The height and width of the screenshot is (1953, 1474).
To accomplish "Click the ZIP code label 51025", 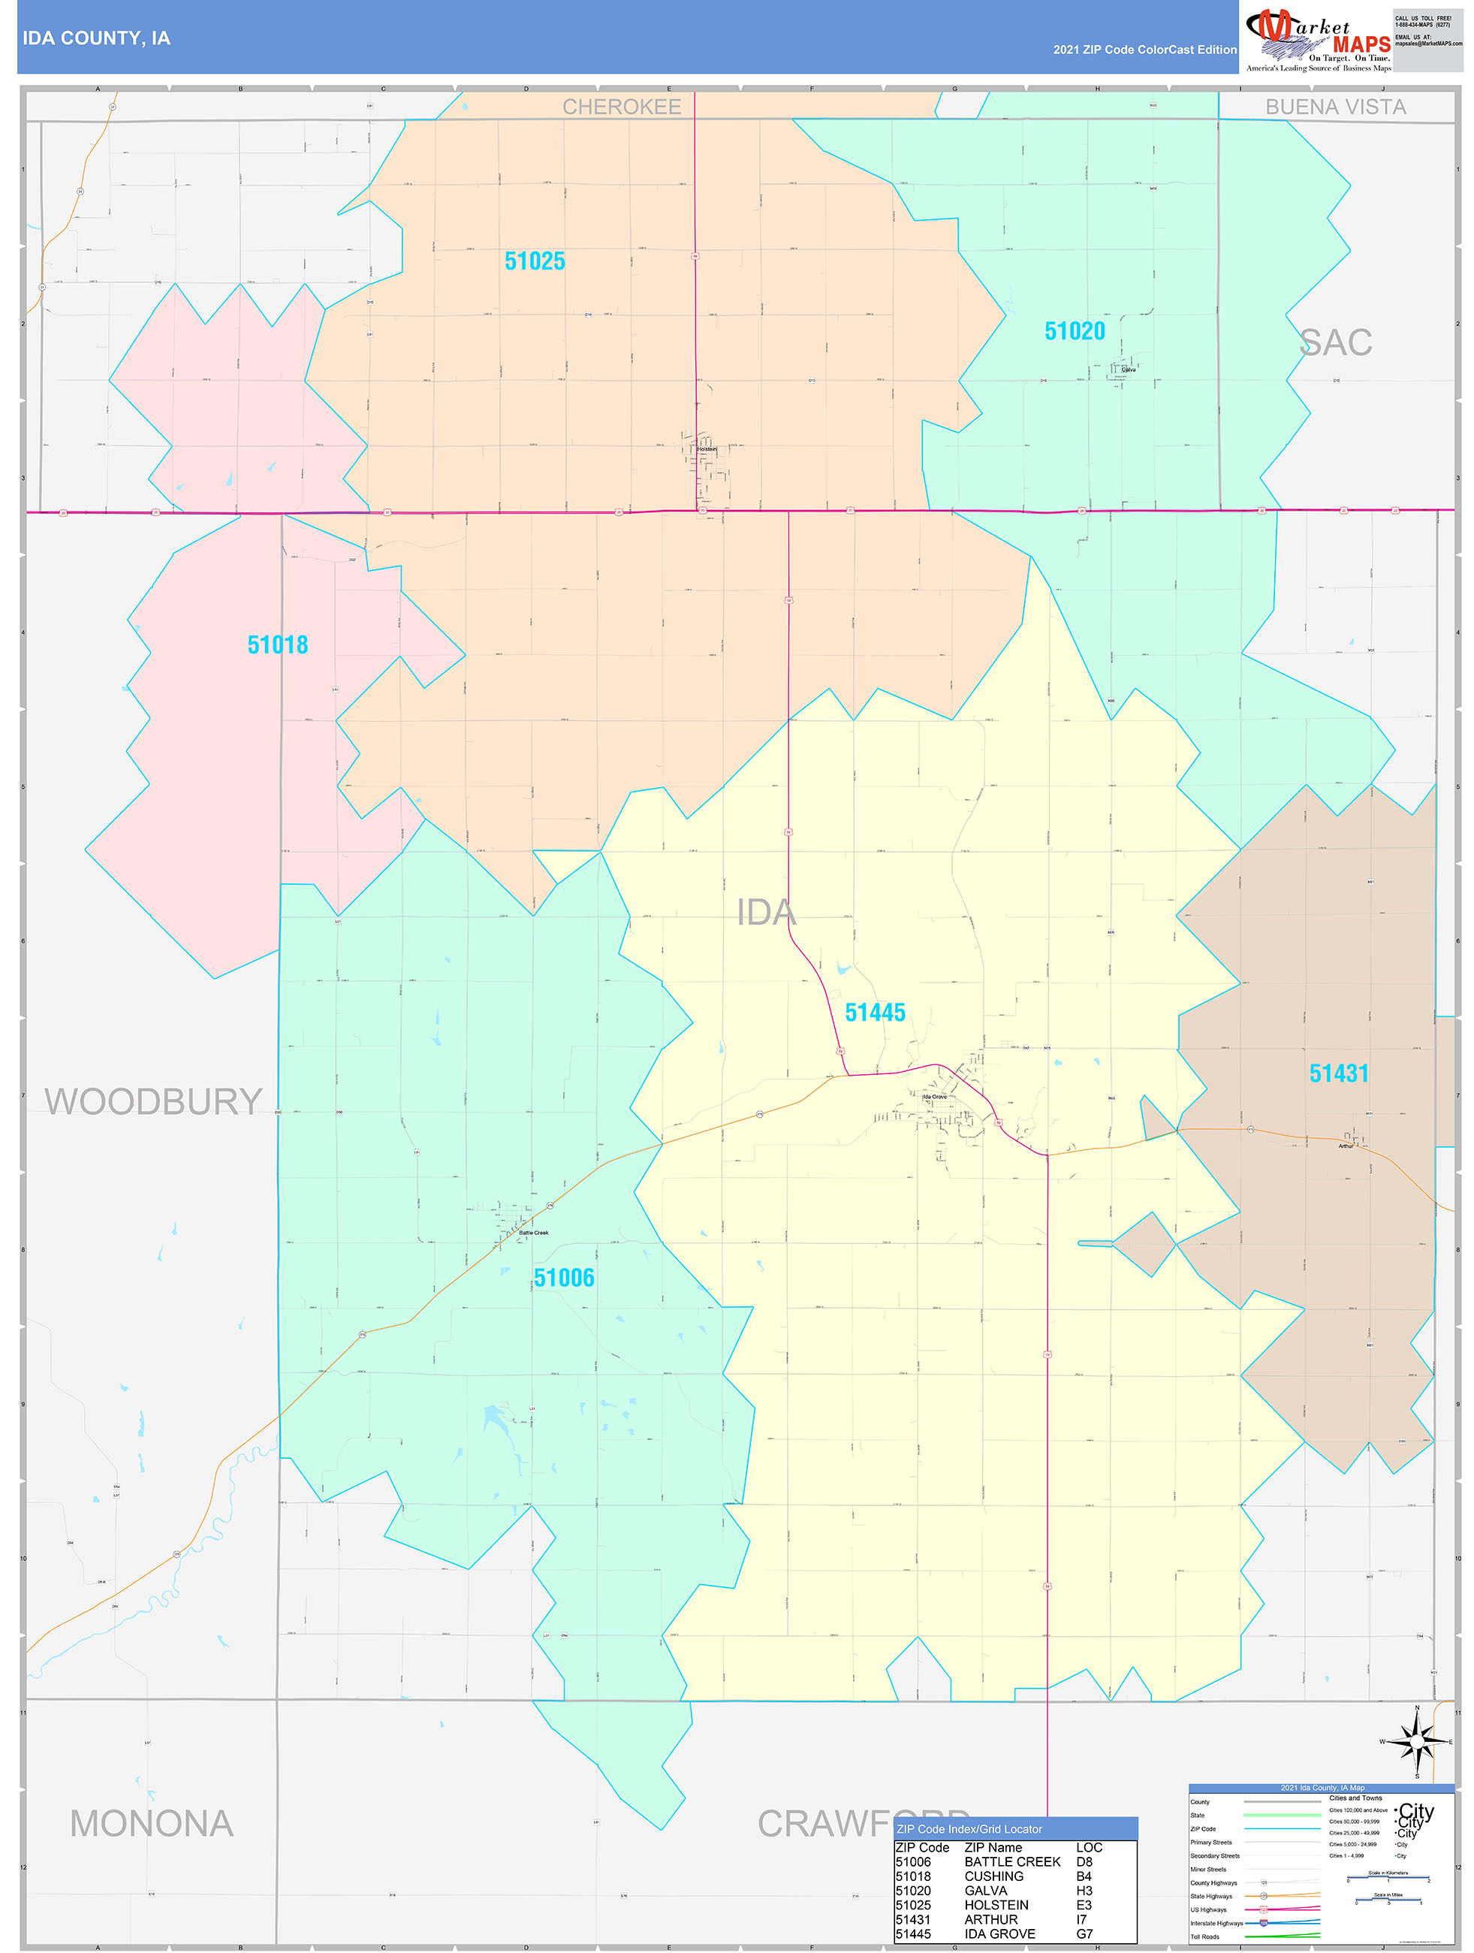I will pyautogui.click(x=534, y=261).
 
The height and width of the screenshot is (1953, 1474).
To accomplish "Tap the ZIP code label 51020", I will pyautogui.click(x=1075, y=331).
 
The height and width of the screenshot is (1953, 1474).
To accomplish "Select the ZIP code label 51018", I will pyautogui.click(x=277, y=644).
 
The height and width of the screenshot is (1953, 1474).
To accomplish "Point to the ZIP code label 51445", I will pyautogui.click(x=875, y=1012).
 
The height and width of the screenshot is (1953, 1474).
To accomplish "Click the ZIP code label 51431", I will pyautogui.click(x=1338, y=1073).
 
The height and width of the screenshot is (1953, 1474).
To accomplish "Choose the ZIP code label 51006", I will pyautogui.click(x=563, y=1277).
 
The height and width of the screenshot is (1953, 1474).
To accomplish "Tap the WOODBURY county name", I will pyautogui.click(x=154, y=1101).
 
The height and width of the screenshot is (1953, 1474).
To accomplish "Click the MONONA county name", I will pyautogui.click(x=152, y=1823).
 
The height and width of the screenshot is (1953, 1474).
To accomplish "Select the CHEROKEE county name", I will pyautogui.click(x=622, y=107).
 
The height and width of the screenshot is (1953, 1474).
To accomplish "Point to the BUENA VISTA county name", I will pyautogui.click(x=1334, y=107).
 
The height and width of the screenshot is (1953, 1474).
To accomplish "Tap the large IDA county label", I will pyautogui.click(x=766, y=912).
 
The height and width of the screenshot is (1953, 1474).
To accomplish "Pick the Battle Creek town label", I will pyautogui.click(x=533, y=1233).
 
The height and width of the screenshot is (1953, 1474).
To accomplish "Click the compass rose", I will pyautogui.click(x=1417, y=1741).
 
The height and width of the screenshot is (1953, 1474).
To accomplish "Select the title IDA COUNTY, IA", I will pyautogui.click(x=96, y=38).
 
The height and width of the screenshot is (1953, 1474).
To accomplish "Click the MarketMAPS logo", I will pyautogui.click(x=1318, y=39).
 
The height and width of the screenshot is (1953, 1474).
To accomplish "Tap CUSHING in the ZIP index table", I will pyautogui.click(x=994, y=1876).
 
